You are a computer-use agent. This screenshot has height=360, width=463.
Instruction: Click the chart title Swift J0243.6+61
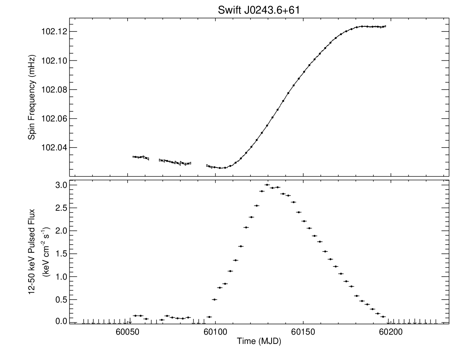(x=258, y=10)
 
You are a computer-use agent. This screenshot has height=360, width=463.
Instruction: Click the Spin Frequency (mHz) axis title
(x=32, y=97)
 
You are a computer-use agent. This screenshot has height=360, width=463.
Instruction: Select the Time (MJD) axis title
(x=259, y=341)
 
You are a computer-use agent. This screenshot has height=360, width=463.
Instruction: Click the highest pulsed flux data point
(x=267, y=185)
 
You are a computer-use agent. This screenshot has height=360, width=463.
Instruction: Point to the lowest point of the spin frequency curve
(x=220, y=168)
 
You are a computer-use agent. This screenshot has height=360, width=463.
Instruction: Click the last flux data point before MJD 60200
(x=383, y=317)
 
